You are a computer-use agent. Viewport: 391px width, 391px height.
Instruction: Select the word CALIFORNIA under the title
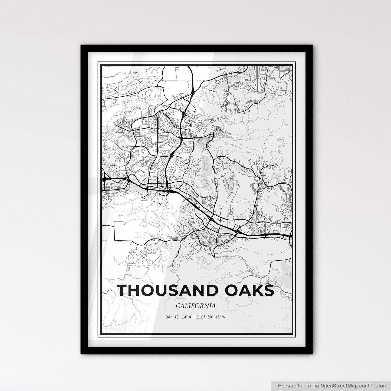196,306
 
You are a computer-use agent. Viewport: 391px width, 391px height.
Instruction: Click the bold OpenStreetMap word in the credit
339,385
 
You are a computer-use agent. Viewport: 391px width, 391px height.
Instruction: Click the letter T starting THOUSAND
122,290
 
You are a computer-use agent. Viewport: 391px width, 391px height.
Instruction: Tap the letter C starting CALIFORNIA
178,306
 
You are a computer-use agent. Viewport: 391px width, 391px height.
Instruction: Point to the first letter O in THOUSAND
149,290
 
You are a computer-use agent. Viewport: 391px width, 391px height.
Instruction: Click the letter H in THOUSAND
135,290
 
